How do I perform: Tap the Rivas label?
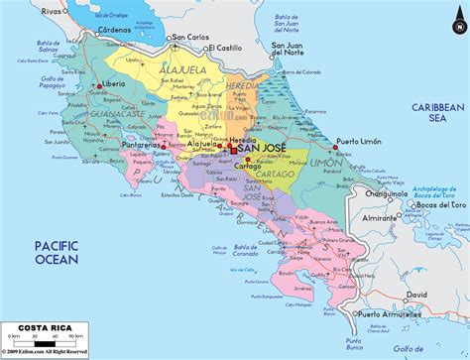tap(29, 9)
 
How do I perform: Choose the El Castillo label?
tap(226, 47)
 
